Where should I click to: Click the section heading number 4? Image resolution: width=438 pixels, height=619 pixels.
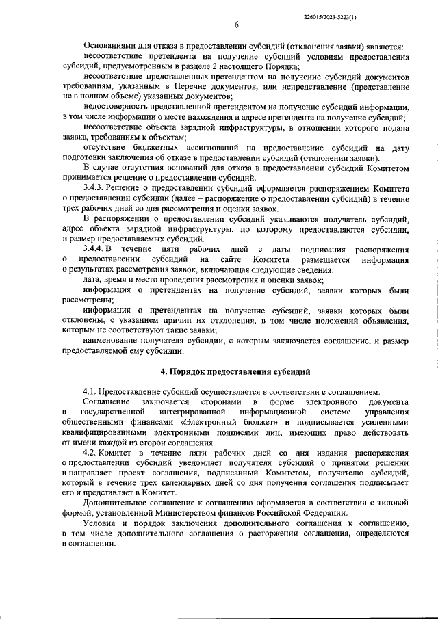pyautogui.click(x=162, y=371)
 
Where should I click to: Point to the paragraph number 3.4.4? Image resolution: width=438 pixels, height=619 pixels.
pyautogui.click(x=94, y=250)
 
